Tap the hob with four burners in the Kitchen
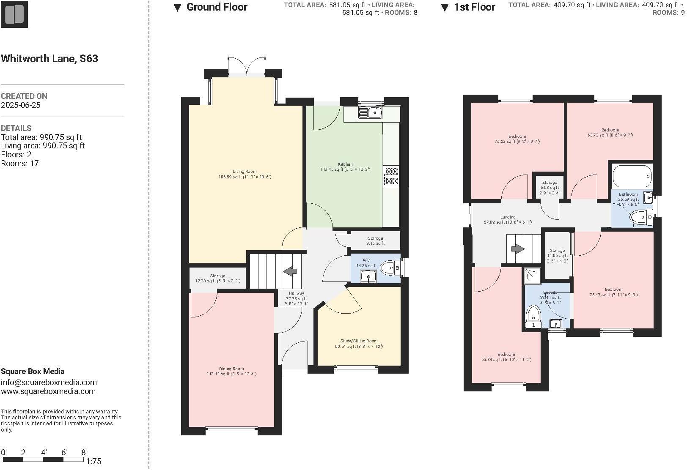(x=391, y=176)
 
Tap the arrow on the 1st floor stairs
(x=518, y=249)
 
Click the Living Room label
(x=245, y=172)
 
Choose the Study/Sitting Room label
(x=359, y=341)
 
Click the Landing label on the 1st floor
(x=508, y=217)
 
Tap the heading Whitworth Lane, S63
(x=49, y=58)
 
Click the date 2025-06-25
(x=21, y=105)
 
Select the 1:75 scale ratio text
(x=93, y=462)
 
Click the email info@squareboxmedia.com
(x=49, y=383)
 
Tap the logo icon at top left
(x=14, y=14)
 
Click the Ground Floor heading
(x=217, y=7)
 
